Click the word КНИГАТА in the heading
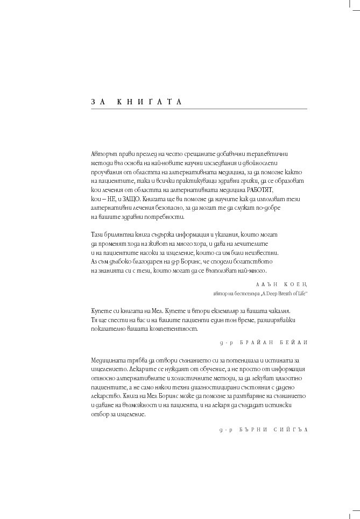tap(150, 102)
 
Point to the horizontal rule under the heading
tap(199, 109)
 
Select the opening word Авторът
tap(103, 154)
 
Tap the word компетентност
tap(172, 329)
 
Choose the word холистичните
tap(192, 379)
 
